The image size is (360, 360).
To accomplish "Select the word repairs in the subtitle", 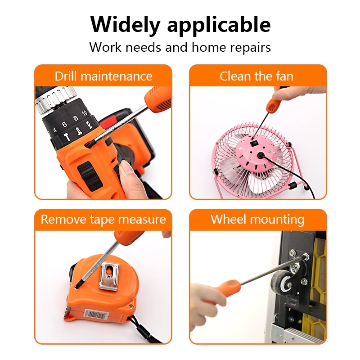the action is (250, 47).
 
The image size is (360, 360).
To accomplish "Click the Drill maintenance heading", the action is (103, 76).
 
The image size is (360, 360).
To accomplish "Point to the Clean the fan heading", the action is (256, 76).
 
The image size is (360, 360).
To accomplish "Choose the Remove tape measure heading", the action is (103, 219).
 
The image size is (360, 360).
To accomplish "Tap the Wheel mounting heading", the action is (257, 219).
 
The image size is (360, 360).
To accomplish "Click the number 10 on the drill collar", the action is (85, 113).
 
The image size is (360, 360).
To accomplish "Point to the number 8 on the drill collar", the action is (76, 118).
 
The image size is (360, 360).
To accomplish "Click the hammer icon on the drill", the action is (67, 137).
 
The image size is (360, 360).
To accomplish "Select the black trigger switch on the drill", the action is (90, 175).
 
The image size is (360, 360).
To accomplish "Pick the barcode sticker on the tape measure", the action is (96, 315).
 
